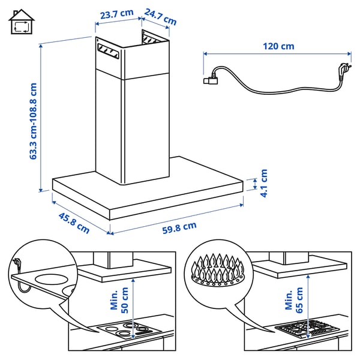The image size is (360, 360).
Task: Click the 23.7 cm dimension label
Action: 117,13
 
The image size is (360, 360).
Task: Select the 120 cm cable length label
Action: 278,46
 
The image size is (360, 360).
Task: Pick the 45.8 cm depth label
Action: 73,221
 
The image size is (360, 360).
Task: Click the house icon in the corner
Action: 22,23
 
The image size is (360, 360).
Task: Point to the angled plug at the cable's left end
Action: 211,77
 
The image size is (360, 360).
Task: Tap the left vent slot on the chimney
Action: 108,53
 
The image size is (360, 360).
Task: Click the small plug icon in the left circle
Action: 18,263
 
